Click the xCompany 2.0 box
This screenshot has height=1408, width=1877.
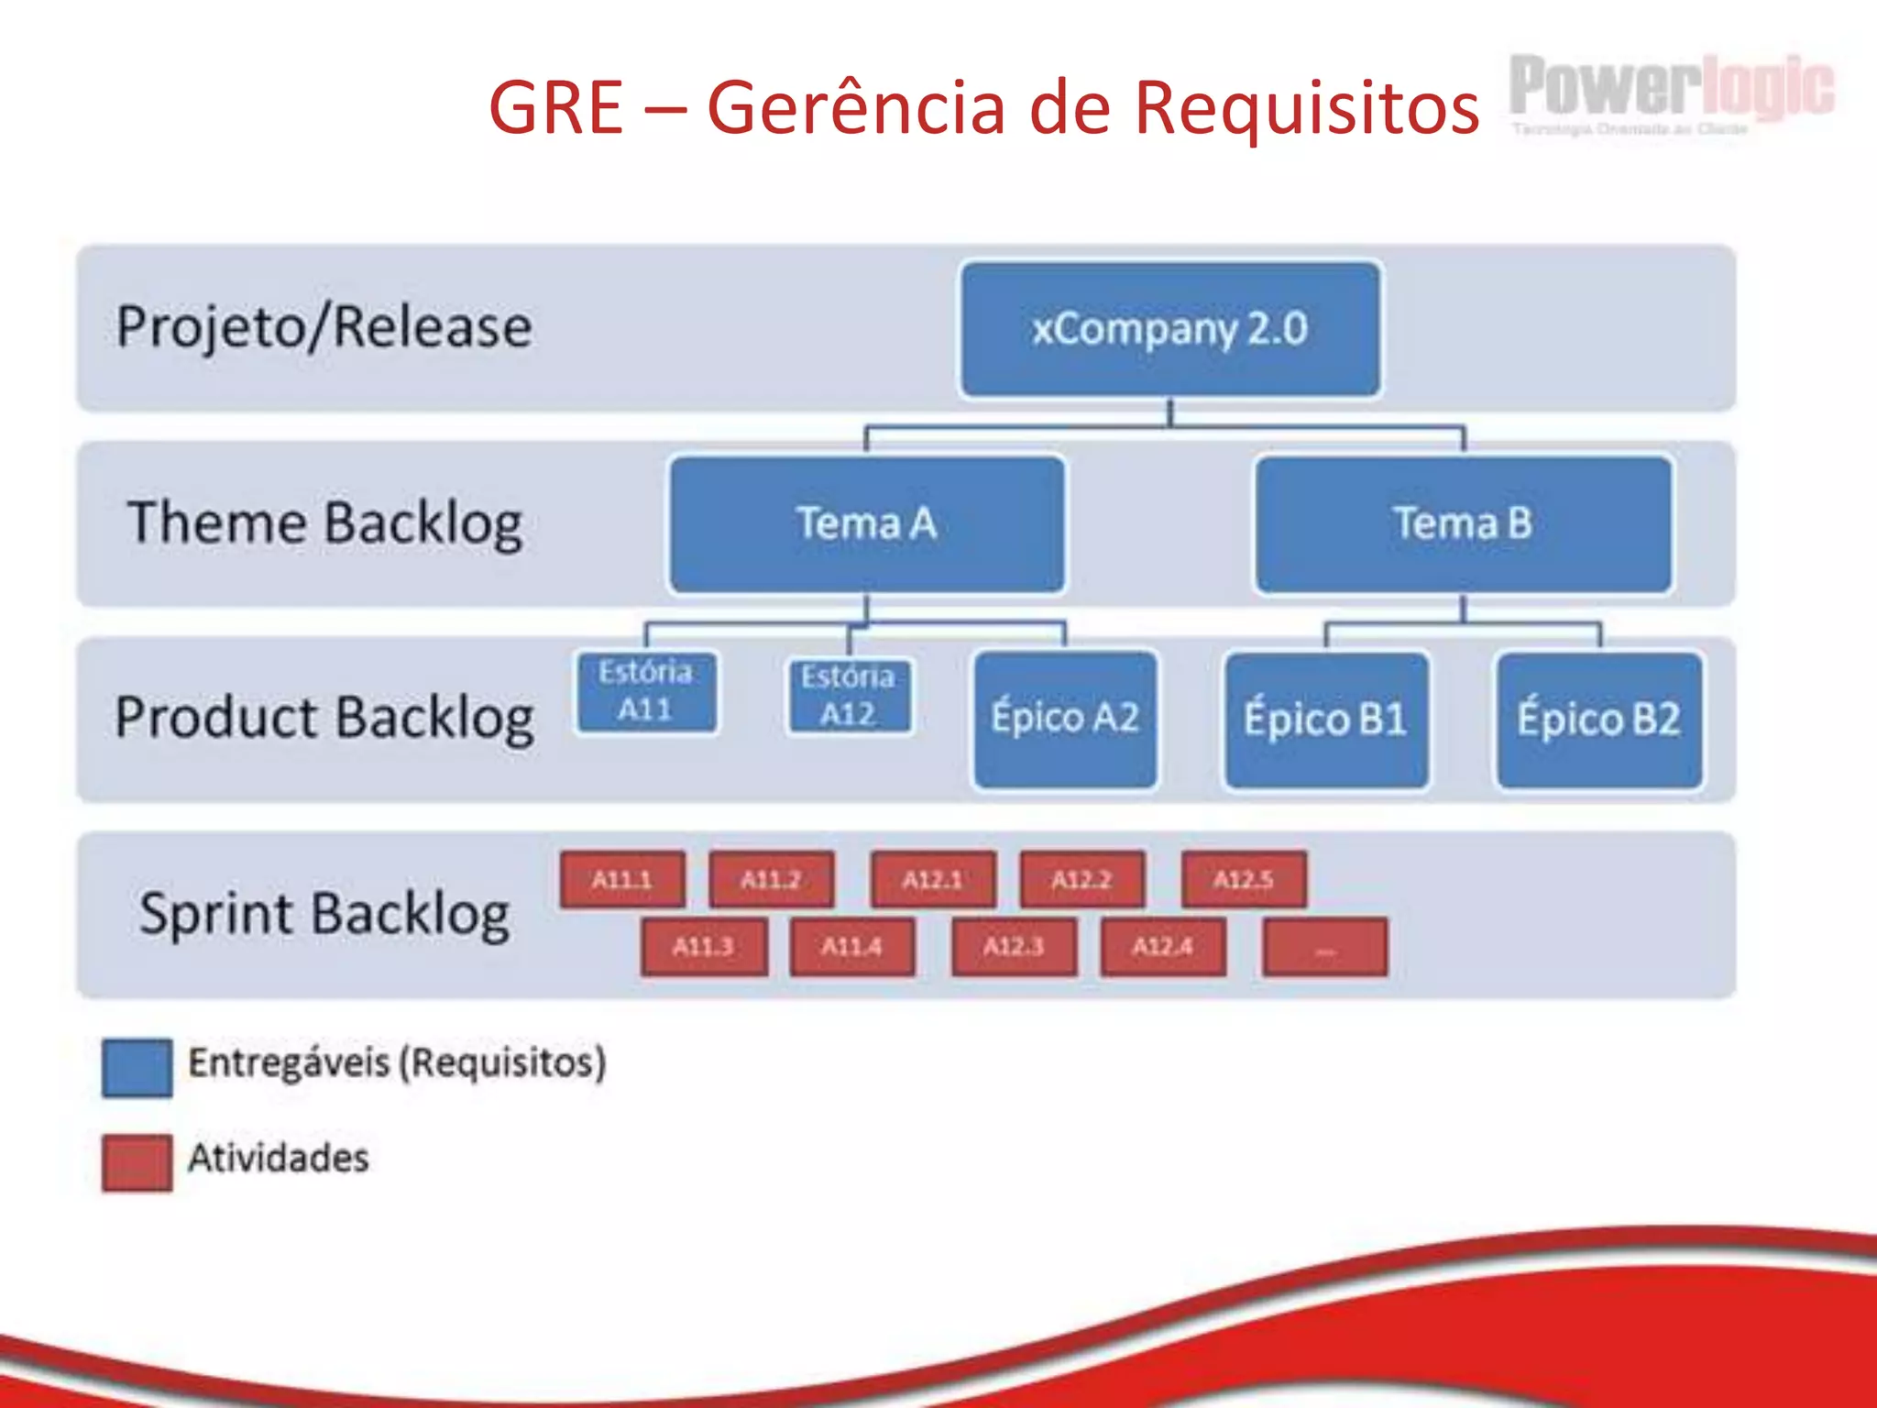[1170, 329]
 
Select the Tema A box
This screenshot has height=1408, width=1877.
[867, 524]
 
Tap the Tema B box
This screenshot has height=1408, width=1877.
[1463, 524]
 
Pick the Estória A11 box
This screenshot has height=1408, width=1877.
[646, 691]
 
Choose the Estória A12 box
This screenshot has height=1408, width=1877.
[849, 696]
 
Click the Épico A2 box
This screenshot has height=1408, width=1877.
[1065, 719]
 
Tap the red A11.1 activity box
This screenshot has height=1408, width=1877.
[622, 880]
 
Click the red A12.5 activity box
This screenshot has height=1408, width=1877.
[1244, 880]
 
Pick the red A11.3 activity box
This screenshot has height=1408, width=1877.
[703, 947]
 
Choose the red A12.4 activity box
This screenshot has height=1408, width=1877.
[1163, 947]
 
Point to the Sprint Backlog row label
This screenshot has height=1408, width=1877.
[324, 914]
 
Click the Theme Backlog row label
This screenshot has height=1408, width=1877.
[325, 523]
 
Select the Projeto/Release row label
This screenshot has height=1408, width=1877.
[324, 327]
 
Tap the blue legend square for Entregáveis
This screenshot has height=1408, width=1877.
[137, 1067]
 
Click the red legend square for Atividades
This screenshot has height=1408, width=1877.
[137, 1162]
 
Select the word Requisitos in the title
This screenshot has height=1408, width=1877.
[1306, 107]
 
